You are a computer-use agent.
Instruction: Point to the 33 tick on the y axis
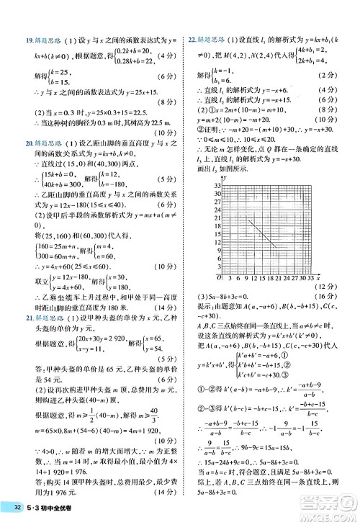217,185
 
